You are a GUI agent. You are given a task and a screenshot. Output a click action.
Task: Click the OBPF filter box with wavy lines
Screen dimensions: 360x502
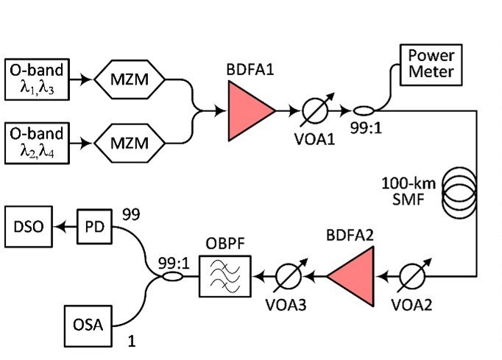(x=225, y=277)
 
